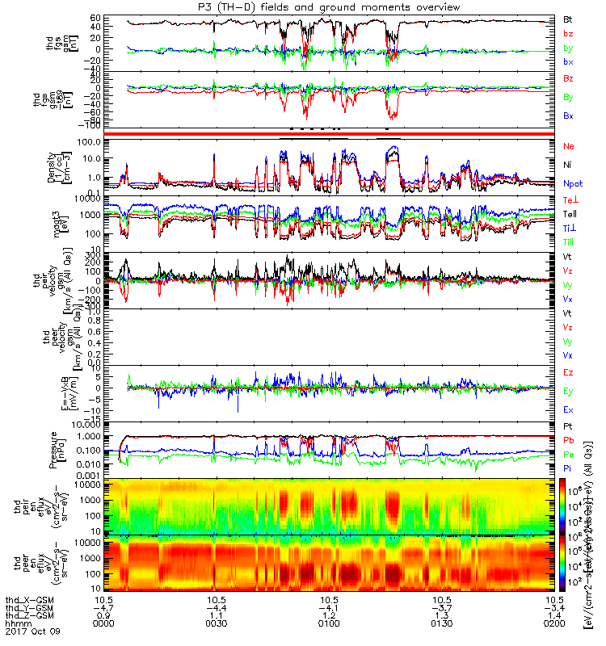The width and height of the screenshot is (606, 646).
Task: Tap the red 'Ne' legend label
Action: (568, 146)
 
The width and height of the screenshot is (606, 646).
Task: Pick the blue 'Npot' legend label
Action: (572, 185)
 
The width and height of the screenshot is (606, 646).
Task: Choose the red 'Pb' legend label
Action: (568, 440)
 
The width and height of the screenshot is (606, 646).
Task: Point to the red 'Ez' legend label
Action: (568, 372)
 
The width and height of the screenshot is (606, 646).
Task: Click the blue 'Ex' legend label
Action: (568, 409)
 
